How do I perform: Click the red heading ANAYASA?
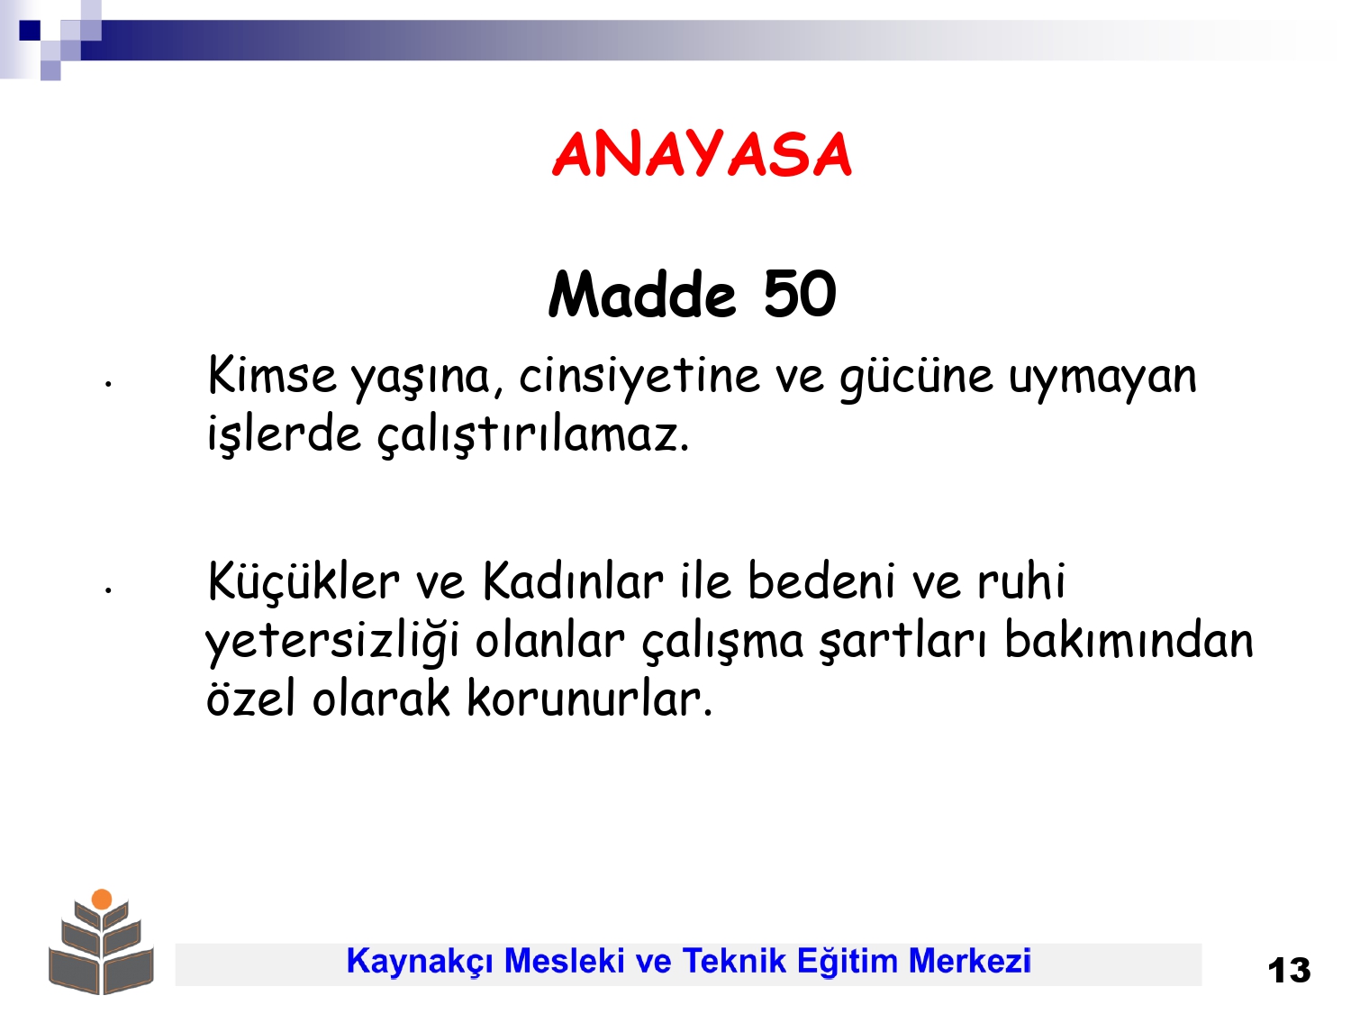(x=702, y=154)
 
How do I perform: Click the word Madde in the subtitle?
(x=642, y=295)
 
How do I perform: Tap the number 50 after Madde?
(x=800, y=295)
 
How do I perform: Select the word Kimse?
(x=273, y=375)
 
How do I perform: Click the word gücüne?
(x=917, y=379)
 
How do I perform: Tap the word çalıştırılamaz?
(x=533, y=435)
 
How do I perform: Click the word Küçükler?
(x=304, y=580)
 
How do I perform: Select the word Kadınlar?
(x=573, y=580)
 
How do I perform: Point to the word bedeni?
(x=821, y=580)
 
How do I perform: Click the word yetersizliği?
(x=332, y=643)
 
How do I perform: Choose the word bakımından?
(x=1129, y=640)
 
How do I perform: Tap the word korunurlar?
(x=589, y=699)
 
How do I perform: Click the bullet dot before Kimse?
(x=108, y=384)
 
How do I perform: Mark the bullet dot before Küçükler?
(x=108, y=589)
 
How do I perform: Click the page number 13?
(x=1289, y=971)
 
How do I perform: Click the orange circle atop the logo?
(x=102, y=899)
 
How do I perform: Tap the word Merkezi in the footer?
(x=969, y=961)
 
